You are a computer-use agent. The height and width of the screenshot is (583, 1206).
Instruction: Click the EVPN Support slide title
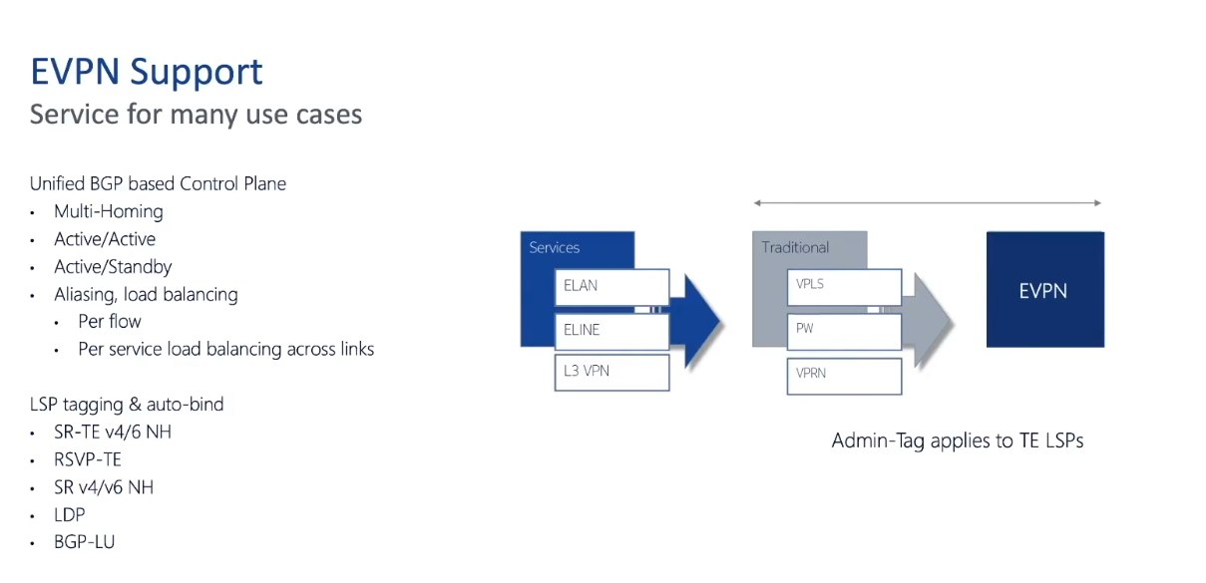coord(147,73)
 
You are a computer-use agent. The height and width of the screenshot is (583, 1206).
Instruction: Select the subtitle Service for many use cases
coord(196,114)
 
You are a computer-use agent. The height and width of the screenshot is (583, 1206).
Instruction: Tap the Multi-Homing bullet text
coord(108,211)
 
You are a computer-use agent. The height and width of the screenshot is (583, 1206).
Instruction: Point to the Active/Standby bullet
coord(113,267)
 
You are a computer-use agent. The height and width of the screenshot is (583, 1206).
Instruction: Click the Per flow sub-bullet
coord(110,321)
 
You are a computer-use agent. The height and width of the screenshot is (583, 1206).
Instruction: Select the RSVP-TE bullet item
coord(87,459)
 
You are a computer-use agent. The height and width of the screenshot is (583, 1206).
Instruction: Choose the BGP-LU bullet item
coord(84,542)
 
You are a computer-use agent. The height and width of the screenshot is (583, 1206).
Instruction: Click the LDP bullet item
coord(70,514)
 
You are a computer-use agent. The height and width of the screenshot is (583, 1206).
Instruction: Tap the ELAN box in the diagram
coord(612,287)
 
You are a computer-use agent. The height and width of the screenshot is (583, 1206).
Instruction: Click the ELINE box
coord(612,331)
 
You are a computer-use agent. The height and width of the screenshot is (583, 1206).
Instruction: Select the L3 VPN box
coord(612,372)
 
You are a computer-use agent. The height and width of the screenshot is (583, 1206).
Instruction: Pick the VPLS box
coord(844,287)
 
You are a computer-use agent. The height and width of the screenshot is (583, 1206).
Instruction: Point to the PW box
coord(844,331)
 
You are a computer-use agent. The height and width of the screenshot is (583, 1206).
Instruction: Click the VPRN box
coord(844,376)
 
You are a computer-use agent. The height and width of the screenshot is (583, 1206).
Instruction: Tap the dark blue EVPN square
coord(1045,289)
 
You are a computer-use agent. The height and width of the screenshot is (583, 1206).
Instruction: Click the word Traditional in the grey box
coord(795,247)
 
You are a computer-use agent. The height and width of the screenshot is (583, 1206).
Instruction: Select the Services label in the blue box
coord(554,247)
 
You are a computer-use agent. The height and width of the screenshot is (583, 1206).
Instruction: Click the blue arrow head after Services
coord(701,321)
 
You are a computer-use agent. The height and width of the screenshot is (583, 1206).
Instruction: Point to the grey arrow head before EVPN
coord(933,321)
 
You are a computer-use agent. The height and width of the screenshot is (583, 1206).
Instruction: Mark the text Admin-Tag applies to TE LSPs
coord(958,441)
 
